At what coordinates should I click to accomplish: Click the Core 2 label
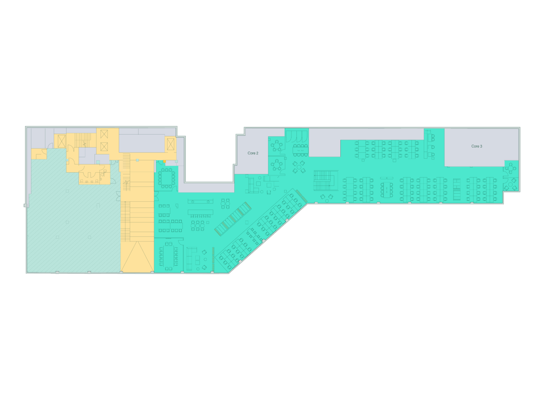253,153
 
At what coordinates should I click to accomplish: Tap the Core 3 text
476,146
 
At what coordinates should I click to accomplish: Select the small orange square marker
164,161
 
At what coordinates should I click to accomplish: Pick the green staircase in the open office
323,180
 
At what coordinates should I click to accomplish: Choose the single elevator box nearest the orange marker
171,144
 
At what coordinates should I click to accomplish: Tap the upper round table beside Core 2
277,146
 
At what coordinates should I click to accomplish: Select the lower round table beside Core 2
277,165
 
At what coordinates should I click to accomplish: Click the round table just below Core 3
510,168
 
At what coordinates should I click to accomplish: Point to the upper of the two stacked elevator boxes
104,134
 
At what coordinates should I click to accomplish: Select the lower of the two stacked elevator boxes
104,147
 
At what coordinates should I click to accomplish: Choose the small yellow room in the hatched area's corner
39,154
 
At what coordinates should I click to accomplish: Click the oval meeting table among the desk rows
387,189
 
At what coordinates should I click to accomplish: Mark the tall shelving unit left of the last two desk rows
457,190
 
